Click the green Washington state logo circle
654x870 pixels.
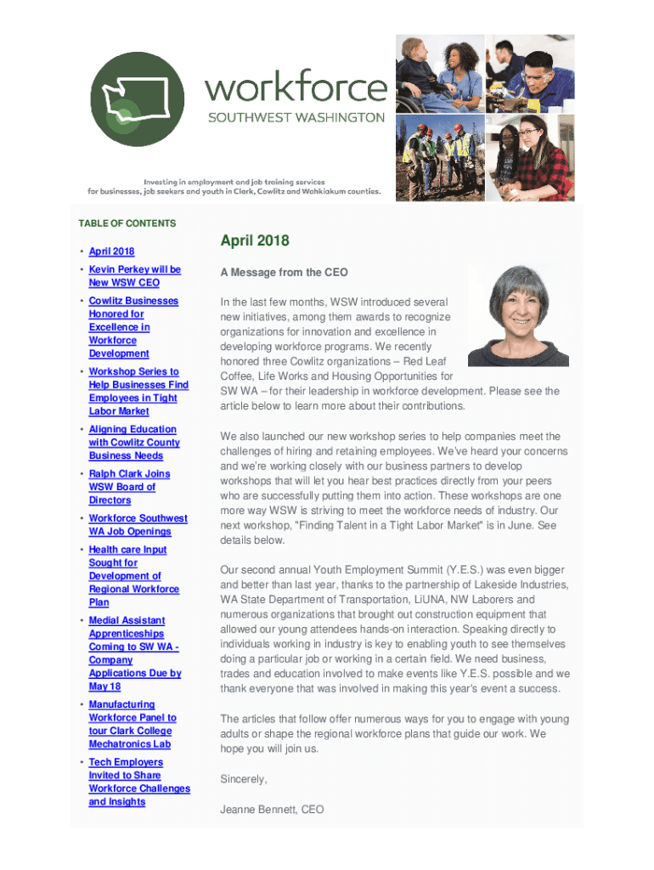pos(141,99)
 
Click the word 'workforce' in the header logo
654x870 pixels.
pos(296,88)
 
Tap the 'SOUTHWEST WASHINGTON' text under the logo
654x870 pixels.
pos(296,118)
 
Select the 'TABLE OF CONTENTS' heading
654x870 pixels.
pos(127,223)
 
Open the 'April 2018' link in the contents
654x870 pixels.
pos(111,251)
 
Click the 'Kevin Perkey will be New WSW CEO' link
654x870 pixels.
pos(134,276)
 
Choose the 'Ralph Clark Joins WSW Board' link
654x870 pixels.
pos(129,487)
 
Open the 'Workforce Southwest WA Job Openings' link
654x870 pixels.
pos(138,525)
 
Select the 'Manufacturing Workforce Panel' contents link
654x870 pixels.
pos(132,724)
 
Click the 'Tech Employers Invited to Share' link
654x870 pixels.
pos(138,782)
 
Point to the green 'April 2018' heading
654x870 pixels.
pos(255,241)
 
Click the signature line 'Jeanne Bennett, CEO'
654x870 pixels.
pos(272,810)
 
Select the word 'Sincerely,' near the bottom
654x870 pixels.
pos(244,779)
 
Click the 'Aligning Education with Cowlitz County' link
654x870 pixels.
pos(133,443)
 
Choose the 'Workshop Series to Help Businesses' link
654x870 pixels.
pos(138,391)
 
